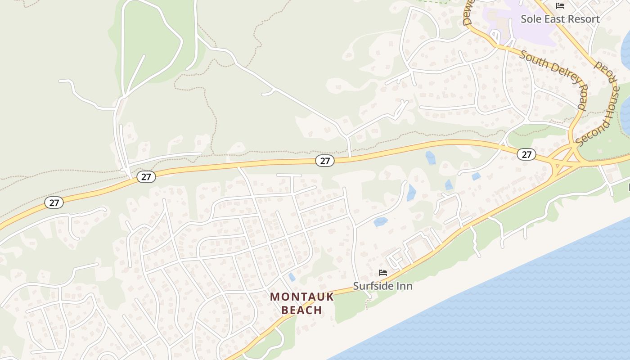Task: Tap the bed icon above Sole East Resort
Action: pos(560,6)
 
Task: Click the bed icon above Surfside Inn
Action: pos(383,273)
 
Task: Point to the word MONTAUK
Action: pos(302,297)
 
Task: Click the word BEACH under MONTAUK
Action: pos(302,310)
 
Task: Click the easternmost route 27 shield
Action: pos(526,154)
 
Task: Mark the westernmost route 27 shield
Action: pos(54,202)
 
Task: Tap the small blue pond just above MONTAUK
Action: pos(292,277)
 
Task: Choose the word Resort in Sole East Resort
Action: pos(583,19)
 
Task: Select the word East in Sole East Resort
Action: pos(553,19)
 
